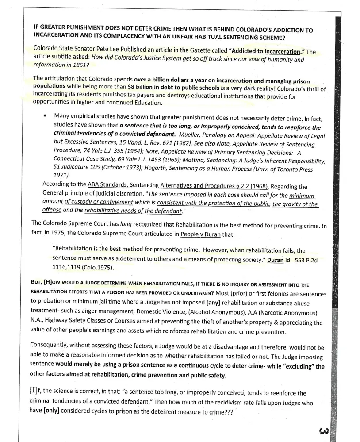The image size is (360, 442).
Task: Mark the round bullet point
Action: click(x=45, y=116)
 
